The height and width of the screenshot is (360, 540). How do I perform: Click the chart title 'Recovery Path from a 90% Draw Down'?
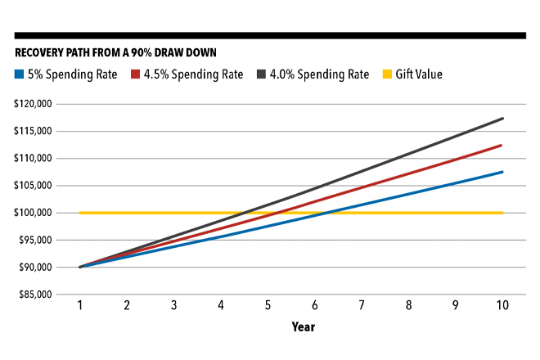pos(115,53)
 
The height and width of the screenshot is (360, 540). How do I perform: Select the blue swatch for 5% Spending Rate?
pos(20,74)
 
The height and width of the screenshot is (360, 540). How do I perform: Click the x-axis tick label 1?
pos(79,305)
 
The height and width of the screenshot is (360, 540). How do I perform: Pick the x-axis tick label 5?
pos(268,305)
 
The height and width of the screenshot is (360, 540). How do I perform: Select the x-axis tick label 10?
pos(502,305)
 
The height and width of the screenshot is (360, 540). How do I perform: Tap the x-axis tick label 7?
pos(362,305)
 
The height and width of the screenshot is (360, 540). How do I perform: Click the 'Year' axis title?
pos(304,327)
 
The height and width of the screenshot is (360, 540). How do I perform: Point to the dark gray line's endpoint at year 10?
pos(502,119)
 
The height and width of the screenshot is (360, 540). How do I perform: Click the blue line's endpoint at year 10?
pos(502,172)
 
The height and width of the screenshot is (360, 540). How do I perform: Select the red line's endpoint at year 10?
pos(502,146)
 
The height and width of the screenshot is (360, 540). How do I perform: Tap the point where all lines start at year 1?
pos(80,267)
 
